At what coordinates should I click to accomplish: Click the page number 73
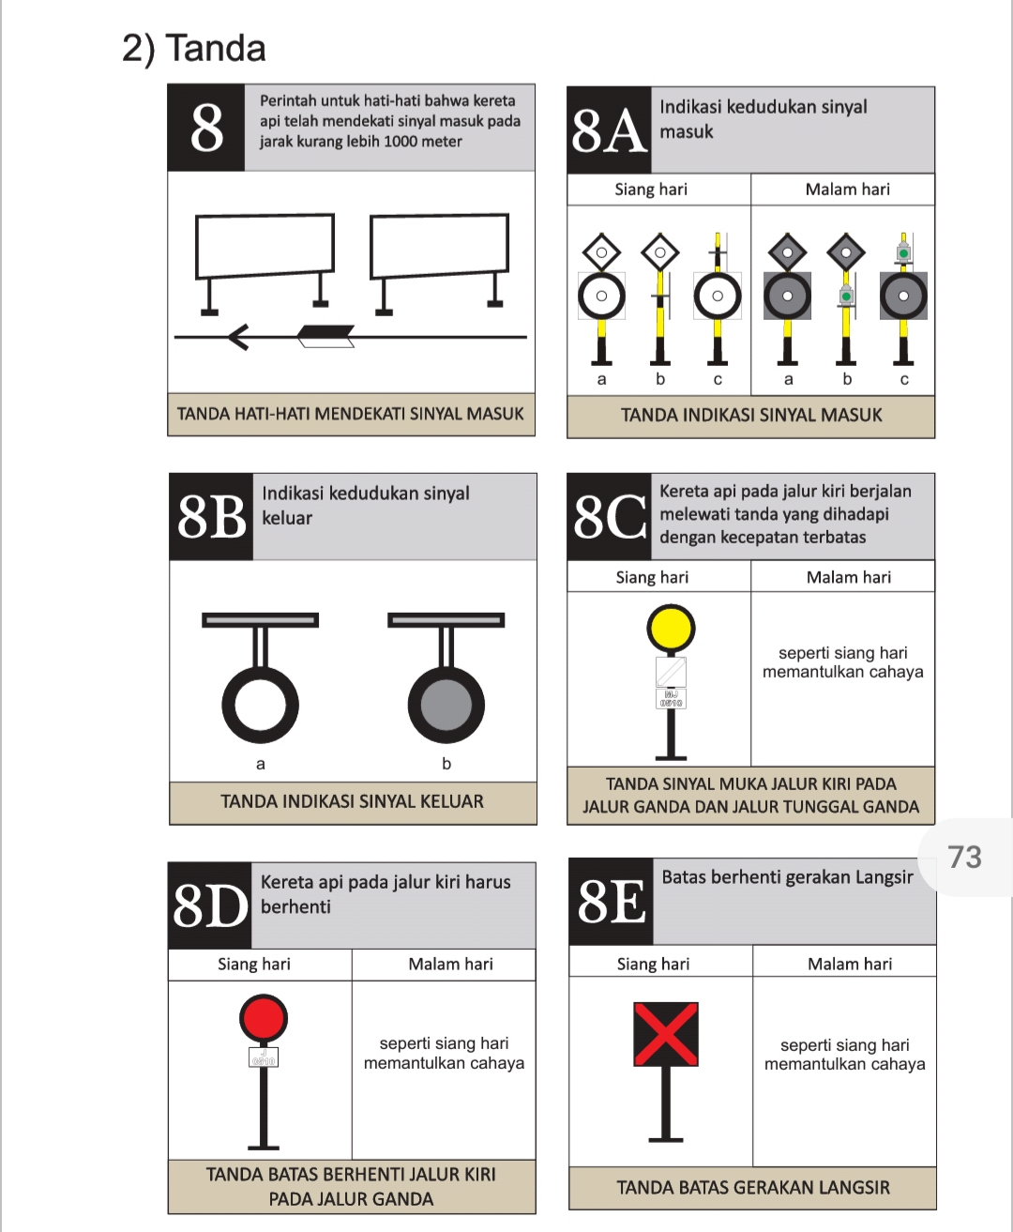[964, 857]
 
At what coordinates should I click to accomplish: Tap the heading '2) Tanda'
[194, 49]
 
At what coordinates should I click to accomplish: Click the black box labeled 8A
[609, 130]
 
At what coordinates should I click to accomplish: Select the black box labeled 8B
[211, 517]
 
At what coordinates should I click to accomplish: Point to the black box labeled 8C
[609, 517]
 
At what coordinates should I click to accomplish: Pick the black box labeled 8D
[210, 905]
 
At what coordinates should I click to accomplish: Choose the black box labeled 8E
[611, 902]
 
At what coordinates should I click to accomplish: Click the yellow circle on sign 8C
[671, 629]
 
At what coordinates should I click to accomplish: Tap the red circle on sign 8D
[264, 1018]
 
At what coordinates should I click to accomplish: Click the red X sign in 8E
[666, 1034]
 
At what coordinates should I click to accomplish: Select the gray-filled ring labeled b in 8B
[446, 705]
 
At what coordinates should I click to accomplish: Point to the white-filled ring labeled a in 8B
[261, 705]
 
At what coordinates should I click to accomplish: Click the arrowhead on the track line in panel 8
[237, 336]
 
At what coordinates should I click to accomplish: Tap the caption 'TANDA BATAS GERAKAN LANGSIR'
[752, 1188]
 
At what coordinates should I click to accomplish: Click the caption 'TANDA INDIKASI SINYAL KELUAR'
[353, 802]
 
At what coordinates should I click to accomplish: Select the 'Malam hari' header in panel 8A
[847, 190]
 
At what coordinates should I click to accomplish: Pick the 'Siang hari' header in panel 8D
[254, 965]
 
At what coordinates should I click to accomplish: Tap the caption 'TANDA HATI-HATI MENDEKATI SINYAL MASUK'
[351, 414]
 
